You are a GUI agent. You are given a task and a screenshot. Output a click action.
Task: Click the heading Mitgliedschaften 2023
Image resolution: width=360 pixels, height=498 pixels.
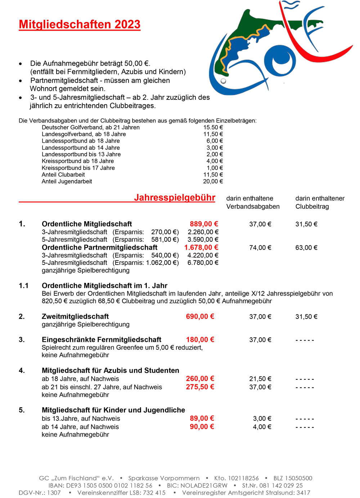[80, 25]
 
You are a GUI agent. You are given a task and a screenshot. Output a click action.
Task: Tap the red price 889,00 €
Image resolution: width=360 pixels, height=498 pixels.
[204, 224]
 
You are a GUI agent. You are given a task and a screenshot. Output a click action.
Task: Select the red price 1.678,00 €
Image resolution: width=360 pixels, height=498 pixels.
[201, 248]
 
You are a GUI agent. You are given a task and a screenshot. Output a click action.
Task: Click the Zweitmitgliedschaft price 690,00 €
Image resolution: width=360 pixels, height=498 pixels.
[200, 316]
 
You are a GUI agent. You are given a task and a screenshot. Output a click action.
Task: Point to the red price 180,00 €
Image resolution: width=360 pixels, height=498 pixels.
[200, 339]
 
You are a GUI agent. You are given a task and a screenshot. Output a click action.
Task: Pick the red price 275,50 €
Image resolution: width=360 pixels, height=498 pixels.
[200, 387]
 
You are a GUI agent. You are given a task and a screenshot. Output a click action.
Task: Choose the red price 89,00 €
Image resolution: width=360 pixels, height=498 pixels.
[202, 418]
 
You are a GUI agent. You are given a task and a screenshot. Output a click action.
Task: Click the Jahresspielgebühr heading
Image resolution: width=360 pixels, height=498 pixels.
[175, 198]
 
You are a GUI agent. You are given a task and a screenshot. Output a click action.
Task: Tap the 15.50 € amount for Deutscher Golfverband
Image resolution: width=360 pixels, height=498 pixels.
[213, 128]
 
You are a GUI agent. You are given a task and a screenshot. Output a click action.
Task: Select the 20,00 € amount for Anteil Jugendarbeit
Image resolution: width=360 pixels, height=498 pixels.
[213, 182]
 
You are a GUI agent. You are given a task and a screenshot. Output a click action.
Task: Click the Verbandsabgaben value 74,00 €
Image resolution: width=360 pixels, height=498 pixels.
[260, 248]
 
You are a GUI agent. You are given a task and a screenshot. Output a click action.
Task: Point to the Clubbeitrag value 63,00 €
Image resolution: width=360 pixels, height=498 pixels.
[306, 248]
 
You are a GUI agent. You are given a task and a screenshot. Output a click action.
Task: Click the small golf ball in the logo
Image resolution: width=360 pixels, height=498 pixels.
[223, 81]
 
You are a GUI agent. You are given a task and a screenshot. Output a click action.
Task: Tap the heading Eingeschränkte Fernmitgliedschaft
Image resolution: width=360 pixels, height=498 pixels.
[102, 339]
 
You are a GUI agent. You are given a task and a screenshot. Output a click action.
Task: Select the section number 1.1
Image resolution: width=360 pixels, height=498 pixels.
[24, 286]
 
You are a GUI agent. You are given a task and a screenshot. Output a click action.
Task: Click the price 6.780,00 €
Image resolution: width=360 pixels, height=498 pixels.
[203, 263]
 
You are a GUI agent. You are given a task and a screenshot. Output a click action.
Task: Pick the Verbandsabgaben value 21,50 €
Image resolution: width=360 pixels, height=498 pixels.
[260, 379]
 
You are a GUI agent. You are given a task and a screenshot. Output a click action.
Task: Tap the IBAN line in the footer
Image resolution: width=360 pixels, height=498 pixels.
[100, 485]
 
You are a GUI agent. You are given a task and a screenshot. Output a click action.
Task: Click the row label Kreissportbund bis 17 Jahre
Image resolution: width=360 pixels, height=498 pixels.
[78, 168]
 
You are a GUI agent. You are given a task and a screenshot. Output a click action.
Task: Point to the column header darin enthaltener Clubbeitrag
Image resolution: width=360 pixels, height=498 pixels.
[320, 203]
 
